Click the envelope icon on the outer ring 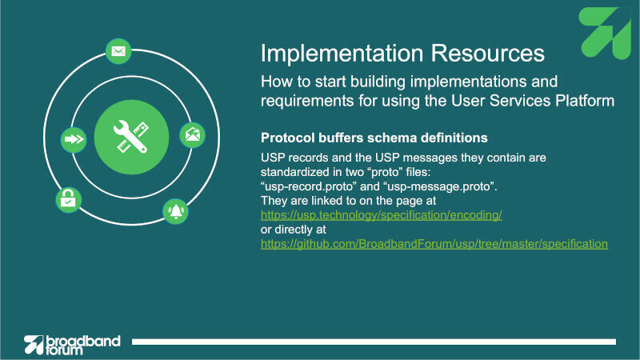click(118, 51)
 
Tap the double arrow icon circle click(74, 139)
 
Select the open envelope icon click(192, 134)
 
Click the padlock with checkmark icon click(68, 199)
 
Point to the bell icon click(175, 211)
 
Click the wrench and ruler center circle click(131, 137)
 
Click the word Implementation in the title click(342, 54)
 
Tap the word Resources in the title click(488, 54)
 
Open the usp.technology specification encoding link click(382, 215)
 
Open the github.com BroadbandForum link click(434, 244)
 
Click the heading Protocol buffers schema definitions click(374, 138)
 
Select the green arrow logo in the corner click(605, 33)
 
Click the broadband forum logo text click(83, 345)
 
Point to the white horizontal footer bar click(374, 342)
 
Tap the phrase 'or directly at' click(294, 230)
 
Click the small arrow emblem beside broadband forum click(34, 345)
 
